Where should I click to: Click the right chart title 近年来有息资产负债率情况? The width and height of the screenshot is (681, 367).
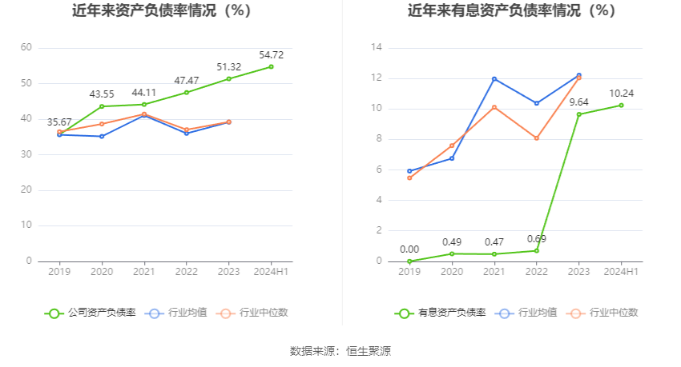click(x=511, y=11)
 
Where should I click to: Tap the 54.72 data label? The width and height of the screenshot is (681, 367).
click(x=272, y=54)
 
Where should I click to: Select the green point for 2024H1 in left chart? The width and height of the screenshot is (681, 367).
click(x=272, y=66)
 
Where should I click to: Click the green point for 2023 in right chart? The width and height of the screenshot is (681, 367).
click(x=578, y=114)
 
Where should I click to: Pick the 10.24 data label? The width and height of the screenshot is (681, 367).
click(x=621, y=93)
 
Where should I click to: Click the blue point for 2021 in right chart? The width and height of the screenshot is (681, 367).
click(x=494, y=78)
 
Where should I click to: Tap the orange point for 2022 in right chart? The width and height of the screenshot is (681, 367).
click(x=536, y=138)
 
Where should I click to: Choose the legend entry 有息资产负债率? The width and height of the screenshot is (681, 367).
click(x=441, y=313)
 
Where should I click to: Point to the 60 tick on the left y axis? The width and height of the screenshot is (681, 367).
click(x=26, y=48)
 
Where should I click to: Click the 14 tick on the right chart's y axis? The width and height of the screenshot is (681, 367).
click(x=376, y=48)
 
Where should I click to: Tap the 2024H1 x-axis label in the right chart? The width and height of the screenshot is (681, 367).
click(x=621, y=272)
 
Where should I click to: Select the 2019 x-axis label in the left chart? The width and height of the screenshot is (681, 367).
click(x=59, y=272)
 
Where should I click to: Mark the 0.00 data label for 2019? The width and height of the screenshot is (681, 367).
click(x=409, y=249)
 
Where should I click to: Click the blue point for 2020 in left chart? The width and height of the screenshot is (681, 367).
click(x=102, y=136)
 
